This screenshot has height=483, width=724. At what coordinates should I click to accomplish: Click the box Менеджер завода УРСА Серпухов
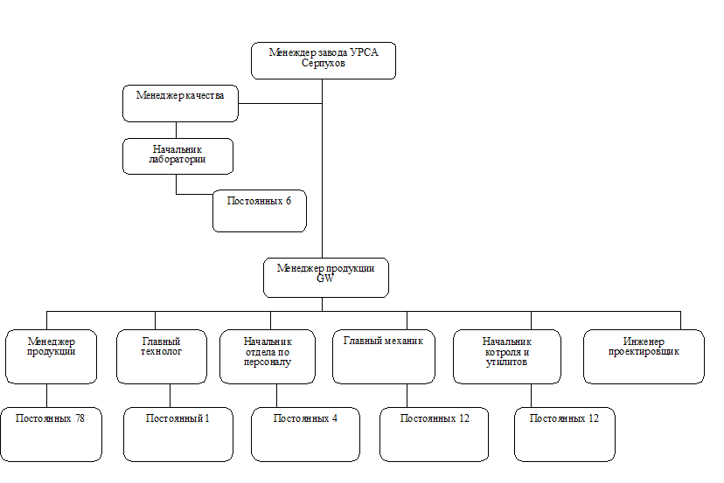pos(324,60)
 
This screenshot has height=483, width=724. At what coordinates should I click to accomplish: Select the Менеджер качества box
pos(180,103)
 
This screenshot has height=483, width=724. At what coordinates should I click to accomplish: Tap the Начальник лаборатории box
pos(178,155)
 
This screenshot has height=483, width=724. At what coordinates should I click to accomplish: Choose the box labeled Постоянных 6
pos(259,210)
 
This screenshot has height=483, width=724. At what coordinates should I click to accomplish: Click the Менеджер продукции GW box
pos(325,277)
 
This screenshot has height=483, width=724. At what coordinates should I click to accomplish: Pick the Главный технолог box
pos(161,355)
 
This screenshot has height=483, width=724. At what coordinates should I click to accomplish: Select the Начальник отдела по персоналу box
pos(267,355)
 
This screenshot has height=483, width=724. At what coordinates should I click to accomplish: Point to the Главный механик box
pos(383,355)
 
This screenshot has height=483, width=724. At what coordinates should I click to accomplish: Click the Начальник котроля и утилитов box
pos(506,355)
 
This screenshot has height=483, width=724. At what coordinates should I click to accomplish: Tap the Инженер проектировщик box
pos(643,355)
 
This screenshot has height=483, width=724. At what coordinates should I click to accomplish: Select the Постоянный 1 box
pos(178,433)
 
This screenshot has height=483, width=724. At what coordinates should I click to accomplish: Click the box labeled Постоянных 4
pos(305,433)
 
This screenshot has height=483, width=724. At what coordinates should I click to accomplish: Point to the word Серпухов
pos(324,65)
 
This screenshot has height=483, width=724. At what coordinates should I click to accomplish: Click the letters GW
pos(325,279)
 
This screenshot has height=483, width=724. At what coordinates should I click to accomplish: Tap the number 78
pos(80,418)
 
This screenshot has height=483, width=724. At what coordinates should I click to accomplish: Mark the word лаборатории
pos(178,160)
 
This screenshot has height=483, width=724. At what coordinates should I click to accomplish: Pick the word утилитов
pos(506,362)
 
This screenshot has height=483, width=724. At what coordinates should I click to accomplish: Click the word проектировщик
pos(643,351)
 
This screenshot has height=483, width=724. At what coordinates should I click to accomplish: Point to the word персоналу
pos(268,361)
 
